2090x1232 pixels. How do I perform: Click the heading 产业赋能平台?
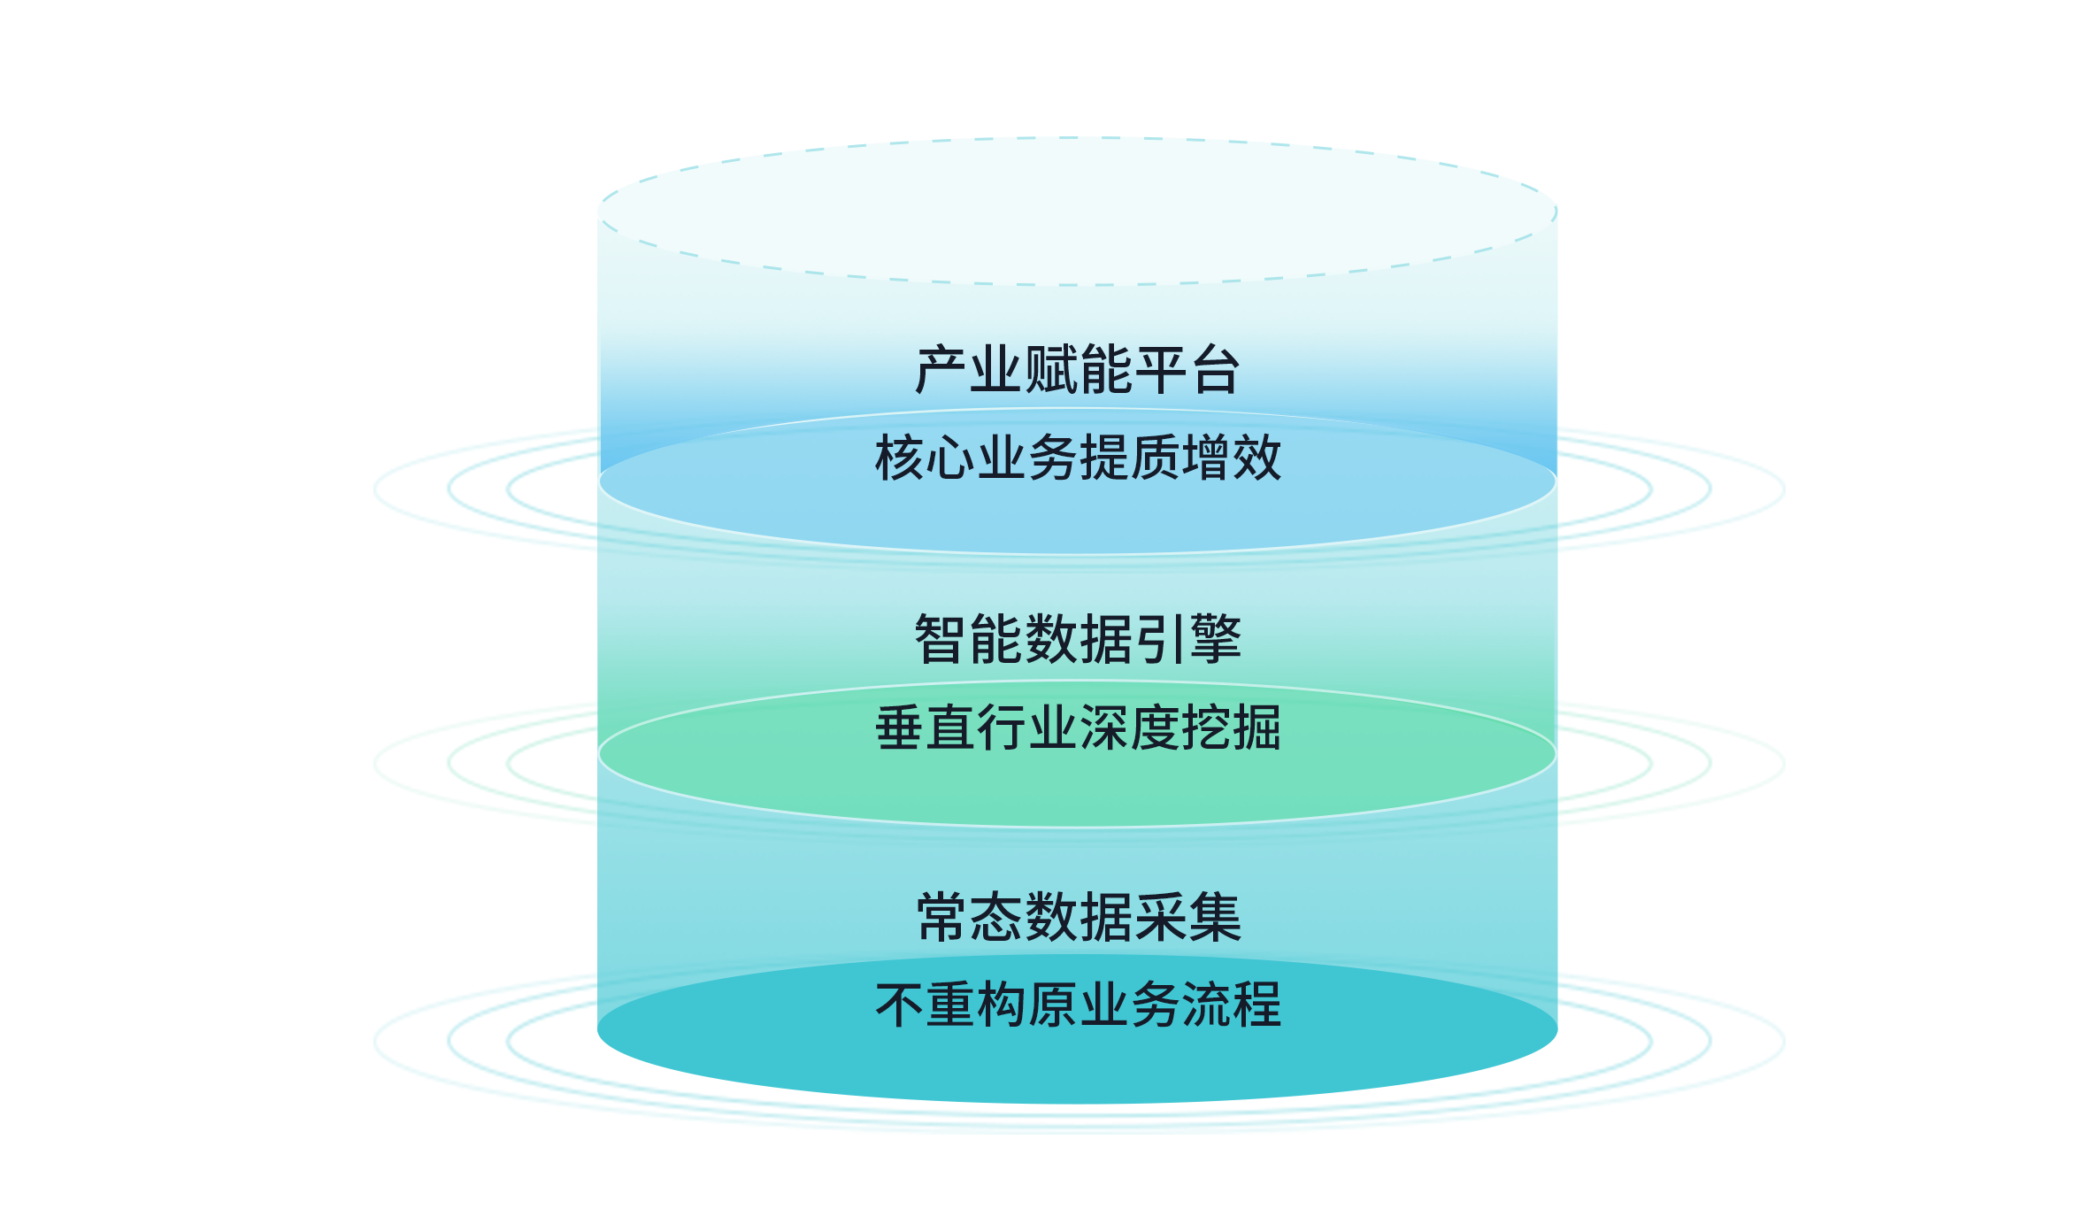[1077, 370]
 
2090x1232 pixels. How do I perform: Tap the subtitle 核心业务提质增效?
[1077, 458]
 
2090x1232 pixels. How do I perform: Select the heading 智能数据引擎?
[1077, 639]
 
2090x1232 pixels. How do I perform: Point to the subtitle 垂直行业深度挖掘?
[1077, 728]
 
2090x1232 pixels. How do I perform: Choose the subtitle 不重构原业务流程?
[1077, 1005]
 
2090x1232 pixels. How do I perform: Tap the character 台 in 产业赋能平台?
[1214, 370]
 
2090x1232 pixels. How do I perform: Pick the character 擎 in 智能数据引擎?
[1216, 639]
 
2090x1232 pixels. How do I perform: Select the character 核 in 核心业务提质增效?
[899, 458]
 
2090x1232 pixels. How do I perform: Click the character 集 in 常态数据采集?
[1216, 918]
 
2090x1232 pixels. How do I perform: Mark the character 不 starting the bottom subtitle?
[899, 1005]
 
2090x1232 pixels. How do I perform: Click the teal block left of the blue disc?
[483, 489]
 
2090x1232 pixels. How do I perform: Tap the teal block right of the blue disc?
[1671, 489]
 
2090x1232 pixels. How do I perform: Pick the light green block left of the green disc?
[483, 764]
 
